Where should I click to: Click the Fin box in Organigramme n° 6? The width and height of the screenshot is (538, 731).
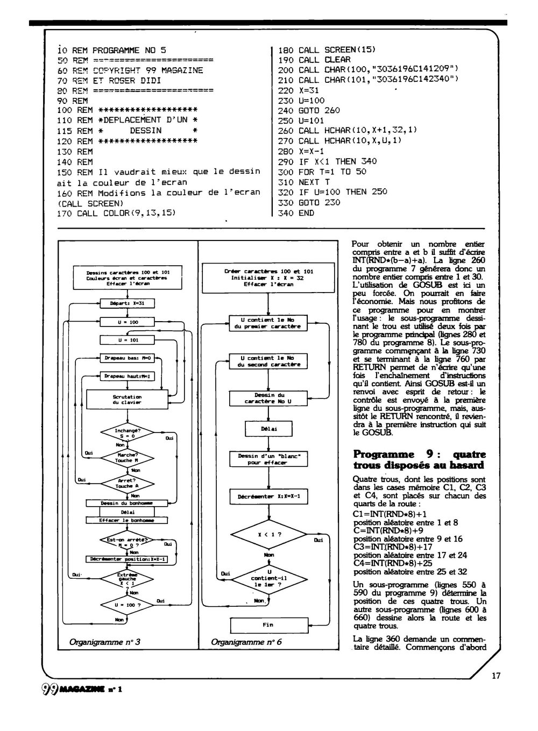(268, 625)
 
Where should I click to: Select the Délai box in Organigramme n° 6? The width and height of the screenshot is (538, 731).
(268, 429)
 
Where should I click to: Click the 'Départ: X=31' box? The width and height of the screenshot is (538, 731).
(128, 303)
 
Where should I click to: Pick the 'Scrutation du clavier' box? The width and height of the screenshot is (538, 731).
(128, 400)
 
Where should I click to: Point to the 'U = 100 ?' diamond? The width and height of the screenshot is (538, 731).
(128, 605)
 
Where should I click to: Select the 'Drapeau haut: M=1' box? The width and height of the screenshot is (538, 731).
(128, 377)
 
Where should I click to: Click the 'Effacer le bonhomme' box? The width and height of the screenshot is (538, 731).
(128, 521)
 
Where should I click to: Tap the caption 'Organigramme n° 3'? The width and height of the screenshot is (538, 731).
(105, 642)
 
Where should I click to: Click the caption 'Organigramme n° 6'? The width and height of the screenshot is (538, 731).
(246, 642)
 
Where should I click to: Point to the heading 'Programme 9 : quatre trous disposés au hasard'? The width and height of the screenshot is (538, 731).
(419, 460)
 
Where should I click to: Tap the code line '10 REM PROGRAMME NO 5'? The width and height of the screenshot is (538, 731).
(111, 50)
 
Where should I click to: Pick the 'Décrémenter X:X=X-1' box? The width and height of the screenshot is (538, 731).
(268, 496)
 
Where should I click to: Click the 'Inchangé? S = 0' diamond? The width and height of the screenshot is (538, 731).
(128, 434)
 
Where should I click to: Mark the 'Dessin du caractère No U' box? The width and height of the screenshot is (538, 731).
(268, 399)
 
